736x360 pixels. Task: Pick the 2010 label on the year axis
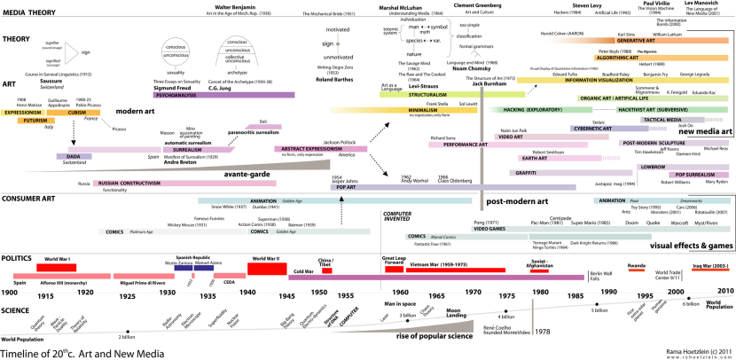724,291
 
